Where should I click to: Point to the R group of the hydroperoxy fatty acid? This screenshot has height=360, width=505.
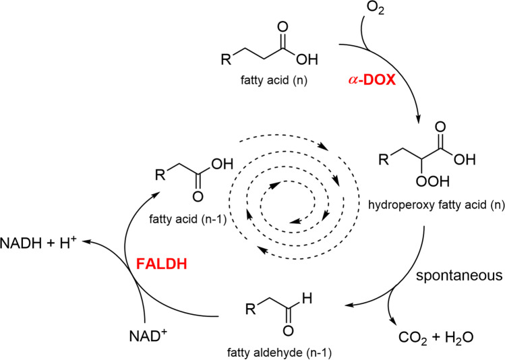383,160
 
